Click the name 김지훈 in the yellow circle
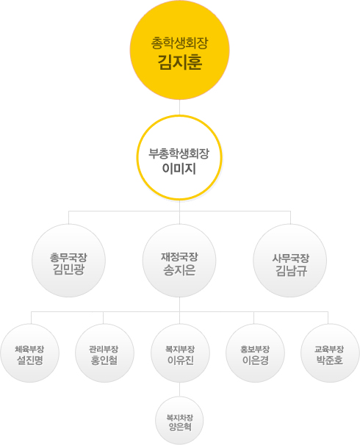[x=180, y=62]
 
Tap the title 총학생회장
[x=179, y=43]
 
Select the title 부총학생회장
[x=179, y=153]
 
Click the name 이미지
[x=179, y=169]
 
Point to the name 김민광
[x=68, y=269]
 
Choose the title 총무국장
[x=68, y=258]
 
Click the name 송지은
[x=179, y=270]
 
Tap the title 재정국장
[x=179, y=257]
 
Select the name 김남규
[x=291, y=270]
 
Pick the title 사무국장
[x=291, y=258]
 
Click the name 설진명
[x=30, y=361]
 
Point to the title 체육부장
[x=29, y=349]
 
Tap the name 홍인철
[x=104, y=361]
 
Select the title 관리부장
[x=104, y=349]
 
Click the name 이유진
[x=181, y=361]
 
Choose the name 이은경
[x=256, y=361]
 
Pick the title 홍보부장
[x=255, y=349]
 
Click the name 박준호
[x=330, y=361]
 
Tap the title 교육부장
[x=329, y=349]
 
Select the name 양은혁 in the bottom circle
[x=180, y=427]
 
